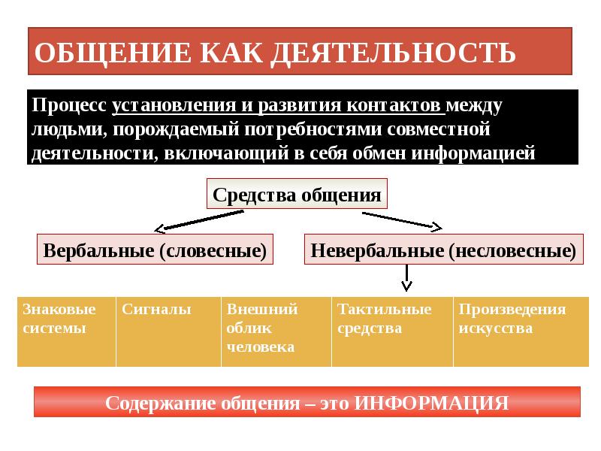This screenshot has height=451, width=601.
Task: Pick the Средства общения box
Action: coord(297,196)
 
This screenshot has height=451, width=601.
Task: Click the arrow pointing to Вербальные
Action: coord(199,221)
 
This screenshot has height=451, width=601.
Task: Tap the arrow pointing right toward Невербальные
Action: coord(402,219)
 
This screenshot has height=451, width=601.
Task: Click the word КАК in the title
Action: coord(231,53)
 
